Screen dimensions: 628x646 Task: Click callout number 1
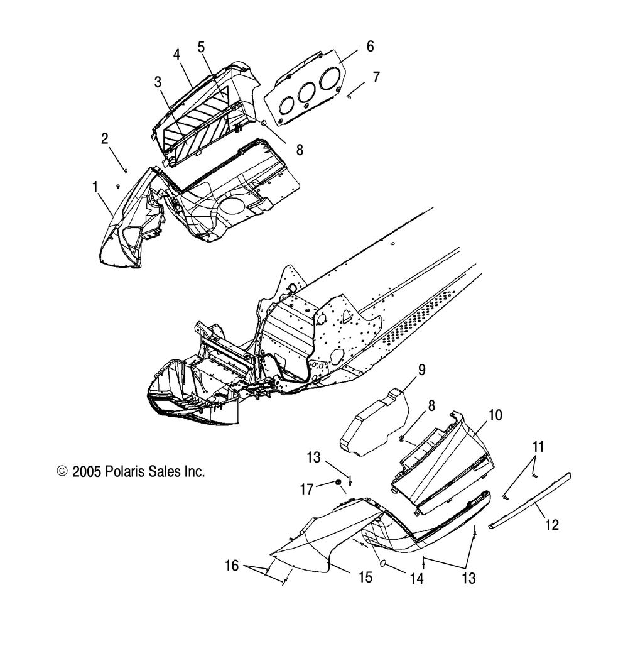95,187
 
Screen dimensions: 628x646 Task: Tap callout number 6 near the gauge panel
371,46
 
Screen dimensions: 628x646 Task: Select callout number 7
376,77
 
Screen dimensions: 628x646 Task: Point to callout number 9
421,370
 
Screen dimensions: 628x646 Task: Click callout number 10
495,415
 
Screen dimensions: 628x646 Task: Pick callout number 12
552,525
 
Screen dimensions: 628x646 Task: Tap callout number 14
417,578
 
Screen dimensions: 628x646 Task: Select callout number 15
365,578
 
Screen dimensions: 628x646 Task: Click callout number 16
232,566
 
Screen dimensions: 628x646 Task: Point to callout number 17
307,489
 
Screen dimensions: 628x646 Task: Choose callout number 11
538,447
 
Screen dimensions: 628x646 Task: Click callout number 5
201,47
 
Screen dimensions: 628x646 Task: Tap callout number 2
105,138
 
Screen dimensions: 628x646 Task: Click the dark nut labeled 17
338,483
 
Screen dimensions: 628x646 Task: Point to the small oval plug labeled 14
382,563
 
